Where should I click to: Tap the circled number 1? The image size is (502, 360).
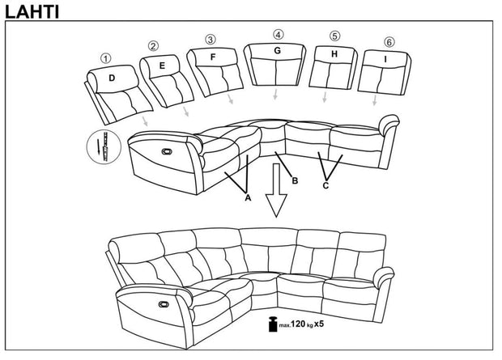click(104, 58)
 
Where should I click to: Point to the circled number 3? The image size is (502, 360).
click(211, 39)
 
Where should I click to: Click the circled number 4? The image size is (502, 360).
click(278, 34)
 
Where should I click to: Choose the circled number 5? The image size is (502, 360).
click(334, 36)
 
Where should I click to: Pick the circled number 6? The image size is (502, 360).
click(389, 42)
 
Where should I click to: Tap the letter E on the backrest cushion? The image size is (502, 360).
click(163, 65)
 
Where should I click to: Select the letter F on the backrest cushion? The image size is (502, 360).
click(213, 57)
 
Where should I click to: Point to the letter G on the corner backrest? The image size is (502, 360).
click(277, 50)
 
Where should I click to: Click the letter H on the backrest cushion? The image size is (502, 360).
click(334, 53)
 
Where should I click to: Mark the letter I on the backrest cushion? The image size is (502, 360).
click(385, 59)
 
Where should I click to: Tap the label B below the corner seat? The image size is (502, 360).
click(295, 180)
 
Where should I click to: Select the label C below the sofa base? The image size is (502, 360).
click(325, 186)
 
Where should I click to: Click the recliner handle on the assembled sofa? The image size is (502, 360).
click(162, 305)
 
